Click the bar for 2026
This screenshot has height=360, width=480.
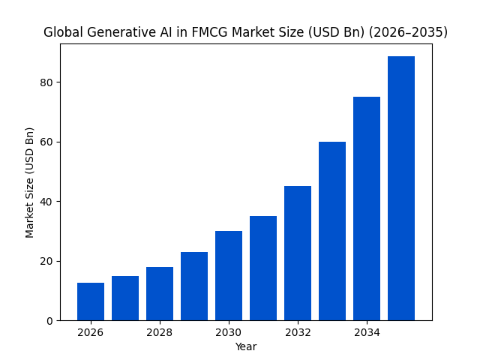(x=91, y=301)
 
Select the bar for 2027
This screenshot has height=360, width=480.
(x=125, y=298)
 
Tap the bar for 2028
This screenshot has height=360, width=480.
(x=160, y=294)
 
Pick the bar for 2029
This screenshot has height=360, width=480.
(x=194, y=286)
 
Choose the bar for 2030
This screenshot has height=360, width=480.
(x=229, y=276)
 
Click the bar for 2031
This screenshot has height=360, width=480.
(x=263, y=268)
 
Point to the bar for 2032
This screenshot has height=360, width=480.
(x=298, y=253)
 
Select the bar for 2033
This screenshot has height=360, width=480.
(x=332, y=231)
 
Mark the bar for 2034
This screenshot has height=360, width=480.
(x=367, y=208)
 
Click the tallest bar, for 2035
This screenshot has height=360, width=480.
(x=401, y=188)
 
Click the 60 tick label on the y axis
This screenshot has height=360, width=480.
(x=47, y=142)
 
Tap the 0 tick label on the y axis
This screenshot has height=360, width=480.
(x=50, y=321)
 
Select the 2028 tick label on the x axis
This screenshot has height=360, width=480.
(x=160, y=333)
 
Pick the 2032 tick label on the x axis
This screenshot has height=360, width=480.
(x=298, y=333)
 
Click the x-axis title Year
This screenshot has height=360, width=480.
(x=246, y=346)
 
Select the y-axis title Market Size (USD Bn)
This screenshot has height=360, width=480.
(x=30, y=182)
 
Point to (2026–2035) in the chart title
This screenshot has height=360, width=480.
(x=406, y=32)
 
